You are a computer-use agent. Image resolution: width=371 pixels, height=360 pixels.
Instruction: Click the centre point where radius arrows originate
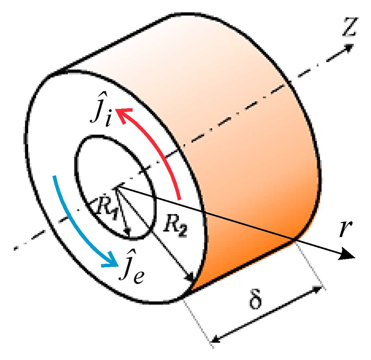[117, 186]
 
